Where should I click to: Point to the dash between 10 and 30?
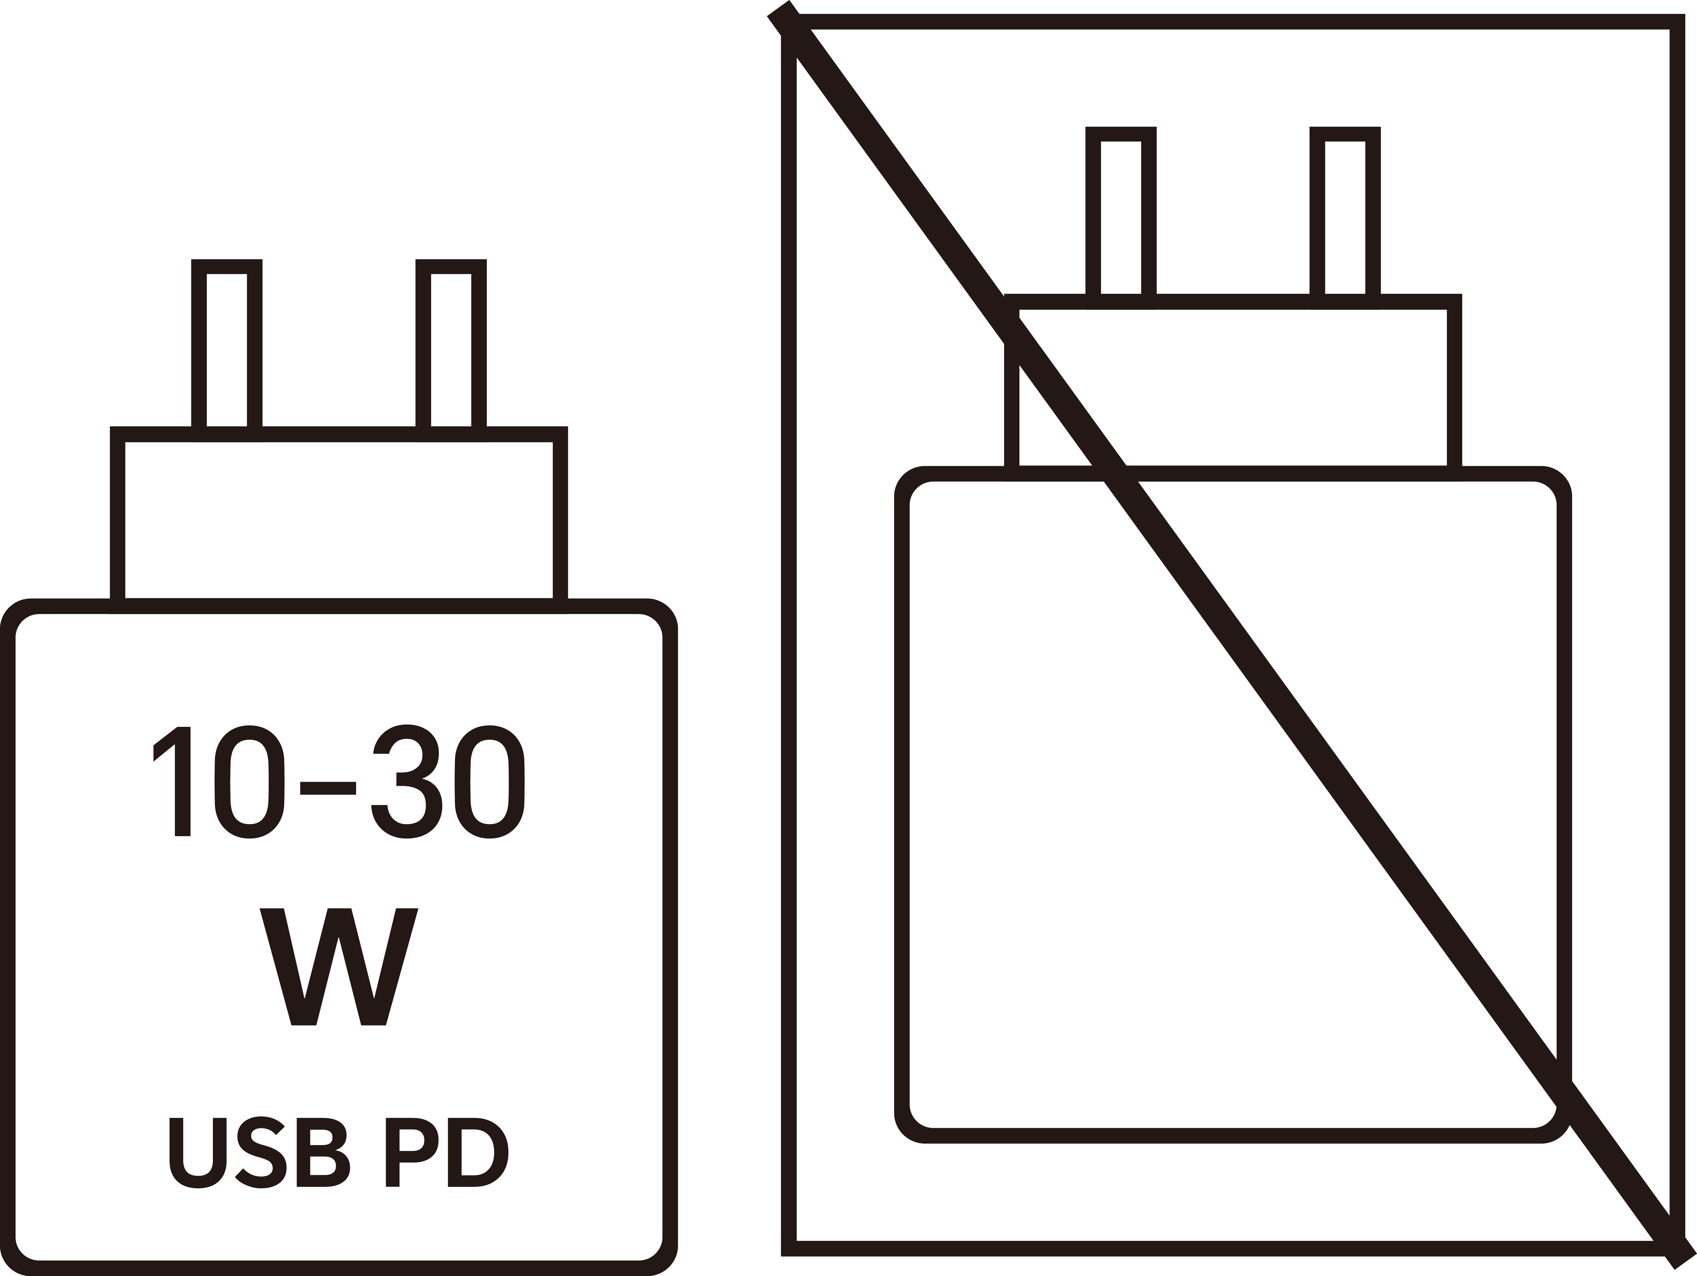click(328, 788)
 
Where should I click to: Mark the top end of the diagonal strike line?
click(779, 8)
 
